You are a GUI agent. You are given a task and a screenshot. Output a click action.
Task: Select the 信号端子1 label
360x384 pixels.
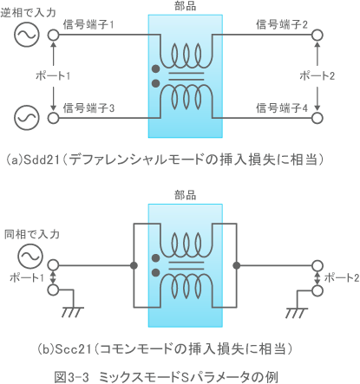click(x=89, y=26)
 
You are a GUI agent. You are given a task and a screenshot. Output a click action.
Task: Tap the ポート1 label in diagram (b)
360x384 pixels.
click(x=23, y=277)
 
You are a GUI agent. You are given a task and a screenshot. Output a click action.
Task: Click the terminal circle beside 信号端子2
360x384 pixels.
click(x=317, y=36)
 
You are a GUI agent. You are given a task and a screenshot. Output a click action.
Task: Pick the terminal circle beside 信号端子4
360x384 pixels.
click(x=317, y=115)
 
